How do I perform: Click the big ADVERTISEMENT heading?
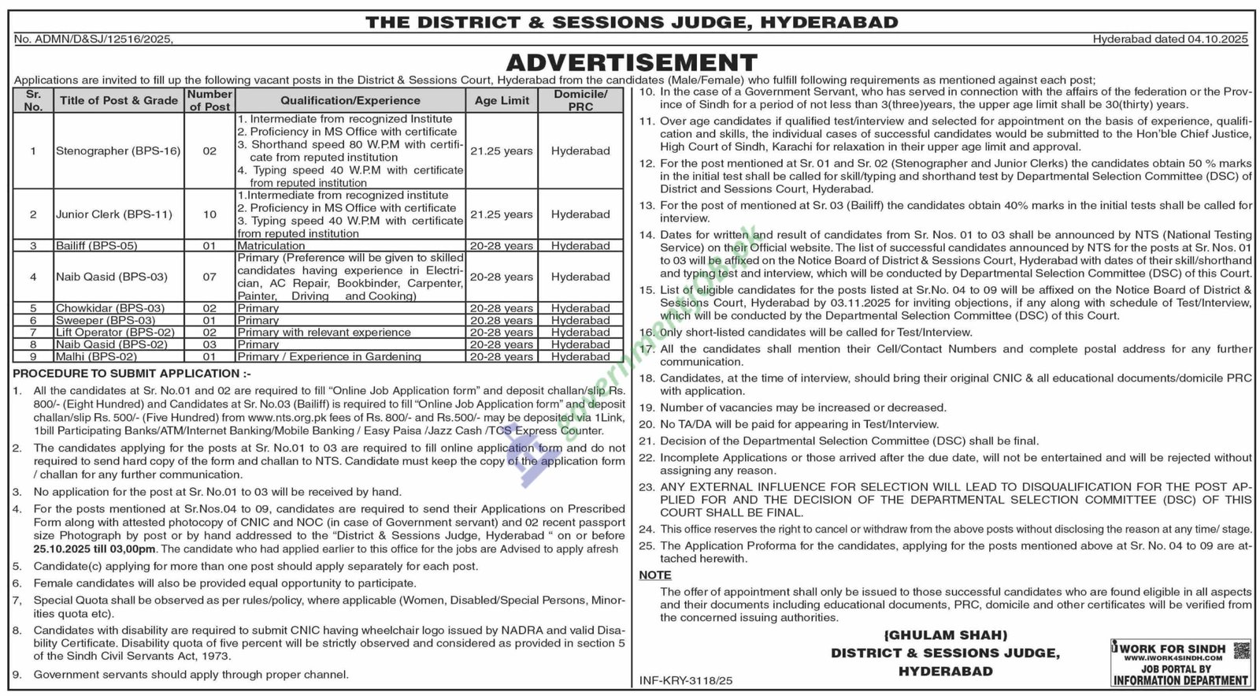tap(631, 62)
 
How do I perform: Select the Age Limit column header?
tap(502, 100)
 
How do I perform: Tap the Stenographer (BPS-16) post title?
tap(118, 151)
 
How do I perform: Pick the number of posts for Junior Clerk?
tap(209, 214)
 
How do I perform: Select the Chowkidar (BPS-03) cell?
tap(110, 308)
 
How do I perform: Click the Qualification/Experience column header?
tap(350, 100)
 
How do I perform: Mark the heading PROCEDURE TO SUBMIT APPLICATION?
tap(132, 373)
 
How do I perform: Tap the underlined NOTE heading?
tap(654, 575)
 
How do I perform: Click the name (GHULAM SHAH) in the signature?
tap(945, 635)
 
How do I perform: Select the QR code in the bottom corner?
tap(1240, 650)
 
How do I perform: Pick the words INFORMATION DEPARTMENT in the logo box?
tap(1180, 680)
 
